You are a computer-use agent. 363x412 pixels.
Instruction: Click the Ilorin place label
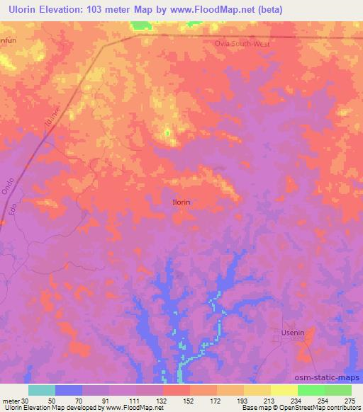click(x=181, y=202)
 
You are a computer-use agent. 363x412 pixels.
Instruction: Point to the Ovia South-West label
click(x=242, y=43)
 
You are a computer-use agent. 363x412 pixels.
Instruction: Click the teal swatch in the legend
click(x=42, y=390)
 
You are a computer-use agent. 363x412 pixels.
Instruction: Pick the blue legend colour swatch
click(x=69, y=390)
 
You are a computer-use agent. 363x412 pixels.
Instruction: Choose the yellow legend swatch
click(x=284, y=390)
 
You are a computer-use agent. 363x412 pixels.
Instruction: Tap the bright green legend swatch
click(x=311, y=390)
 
